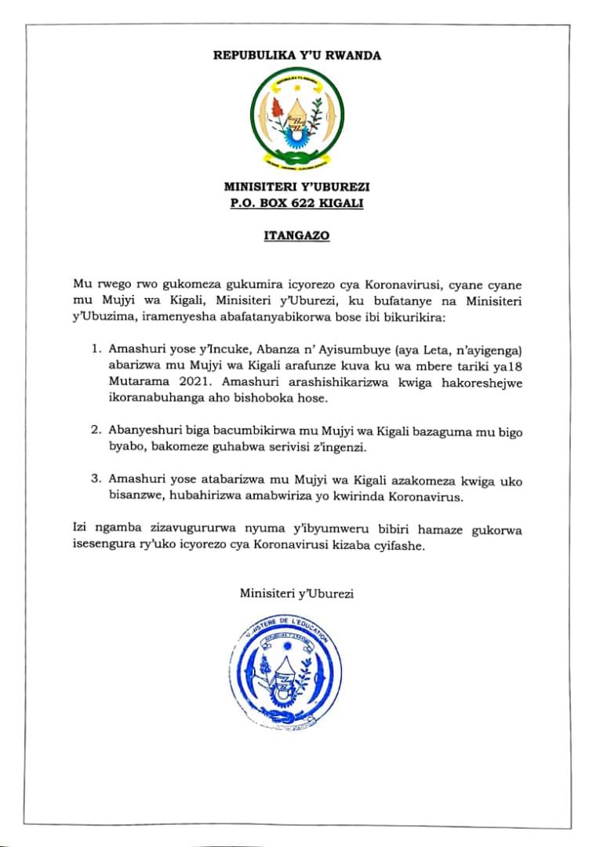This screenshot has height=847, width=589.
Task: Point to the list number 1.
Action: (96, 346)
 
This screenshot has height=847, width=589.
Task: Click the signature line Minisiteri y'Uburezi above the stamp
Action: (296, 593)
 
